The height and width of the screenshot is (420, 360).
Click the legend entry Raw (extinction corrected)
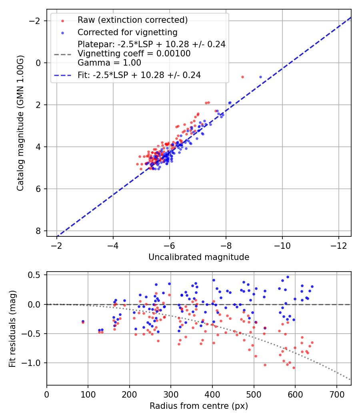point(132,20)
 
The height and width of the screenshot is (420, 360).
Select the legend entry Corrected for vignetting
point(127,32)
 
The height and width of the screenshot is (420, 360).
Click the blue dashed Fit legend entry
point(139,75)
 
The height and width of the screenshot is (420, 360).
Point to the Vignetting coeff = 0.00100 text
point(134,53)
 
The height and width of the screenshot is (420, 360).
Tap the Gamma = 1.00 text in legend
point(109,62)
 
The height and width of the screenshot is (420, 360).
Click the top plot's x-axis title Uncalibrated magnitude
point(199,257)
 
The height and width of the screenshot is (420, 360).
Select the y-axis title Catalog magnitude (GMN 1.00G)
point(20,123)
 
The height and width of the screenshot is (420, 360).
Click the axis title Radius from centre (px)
point(199,406)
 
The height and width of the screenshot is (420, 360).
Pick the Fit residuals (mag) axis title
point(12,328)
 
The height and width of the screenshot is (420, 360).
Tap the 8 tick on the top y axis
point(39,231)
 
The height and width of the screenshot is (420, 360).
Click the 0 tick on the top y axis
point(39,63)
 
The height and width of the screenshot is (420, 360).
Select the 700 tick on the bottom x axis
point(336,393)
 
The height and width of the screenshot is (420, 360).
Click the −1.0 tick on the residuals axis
point(34,363)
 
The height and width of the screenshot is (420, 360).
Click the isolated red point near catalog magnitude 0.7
point(242,77)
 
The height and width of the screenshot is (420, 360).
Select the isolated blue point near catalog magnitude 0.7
point(260,77)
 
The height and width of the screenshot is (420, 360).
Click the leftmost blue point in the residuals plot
point(83,321)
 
